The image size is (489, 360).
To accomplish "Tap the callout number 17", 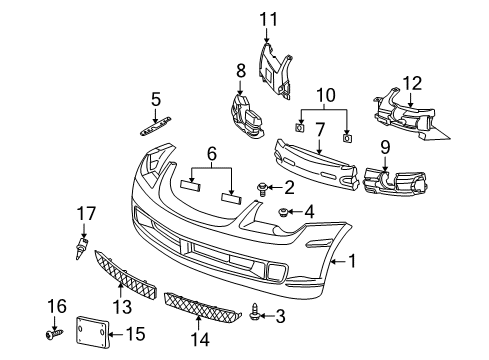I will click(82, 212).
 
